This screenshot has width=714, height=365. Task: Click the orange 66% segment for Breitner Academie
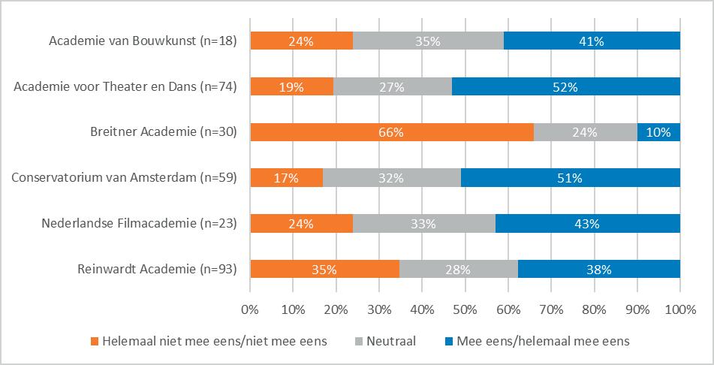391,133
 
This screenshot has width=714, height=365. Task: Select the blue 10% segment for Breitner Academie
658,133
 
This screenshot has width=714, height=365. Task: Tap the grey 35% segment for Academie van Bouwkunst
428,42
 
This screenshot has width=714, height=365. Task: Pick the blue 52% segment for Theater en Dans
565,87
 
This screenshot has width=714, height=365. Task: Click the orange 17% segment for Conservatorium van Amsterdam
286,178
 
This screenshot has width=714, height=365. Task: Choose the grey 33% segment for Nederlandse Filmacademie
423,223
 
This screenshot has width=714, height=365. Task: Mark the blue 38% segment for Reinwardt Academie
598,269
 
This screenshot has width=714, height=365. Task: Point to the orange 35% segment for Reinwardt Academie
324,269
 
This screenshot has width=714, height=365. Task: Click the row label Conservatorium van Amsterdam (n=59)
125,178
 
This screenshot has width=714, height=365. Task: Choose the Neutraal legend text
390,341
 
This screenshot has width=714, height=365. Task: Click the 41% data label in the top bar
592,42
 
